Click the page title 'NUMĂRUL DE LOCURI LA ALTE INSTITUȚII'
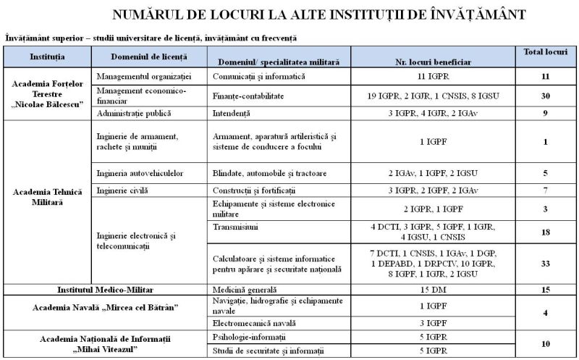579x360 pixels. tap(319, 14)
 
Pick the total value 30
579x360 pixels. tap(546, 95)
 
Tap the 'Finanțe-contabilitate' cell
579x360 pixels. tap(248, 95)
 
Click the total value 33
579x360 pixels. tap(546, 264)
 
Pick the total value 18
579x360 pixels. tap(546, 232)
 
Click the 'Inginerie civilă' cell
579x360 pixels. tap(121, 191)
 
